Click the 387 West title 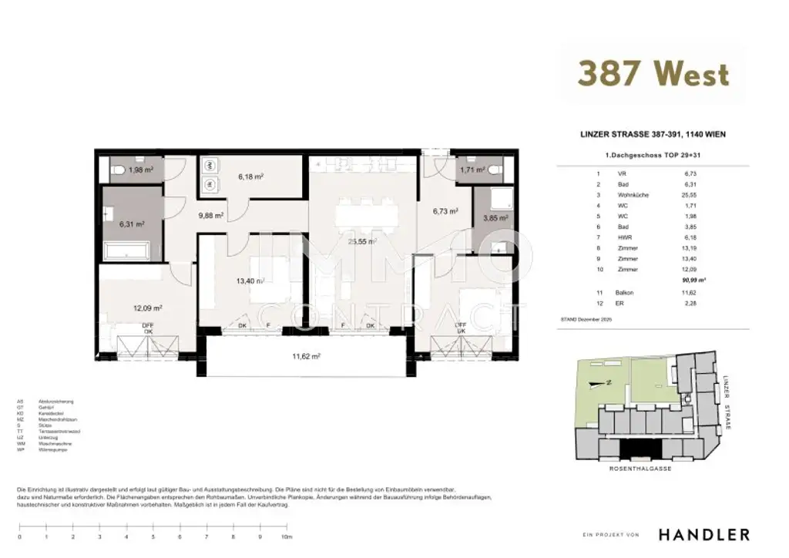coord(653,74)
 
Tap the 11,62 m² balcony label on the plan coord(306,356)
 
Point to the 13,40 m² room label coord(250,281)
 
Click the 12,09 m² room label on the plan coord(146,308)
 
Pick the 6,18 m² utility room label coord(250,176)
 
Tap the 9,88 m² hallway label coord(210,216)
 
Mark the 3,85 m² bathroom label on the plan coord(494,218)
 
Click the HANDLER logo coord(703,534)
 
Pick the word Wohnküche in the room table coord(633,196)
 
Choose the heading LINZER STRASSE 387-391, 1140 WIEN coord(652,134)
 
